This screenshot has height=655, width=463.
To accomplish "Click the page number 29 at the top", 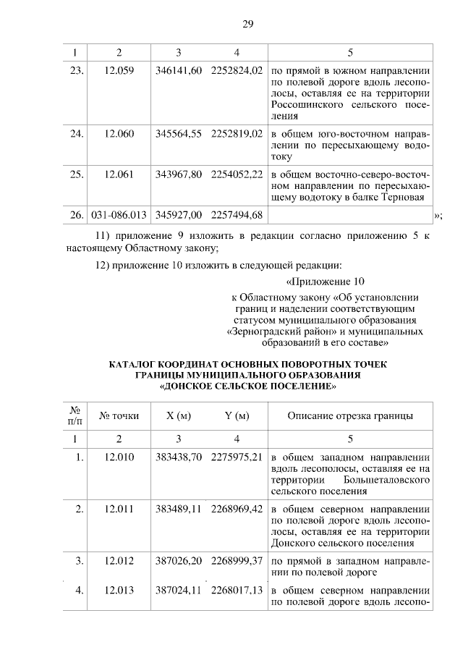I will tap(247, 25).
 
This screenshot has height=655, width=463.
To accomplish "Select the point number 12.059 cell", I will tap(119, 72).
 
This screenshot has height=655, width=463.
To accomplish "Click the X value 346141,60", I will tap(178, 72).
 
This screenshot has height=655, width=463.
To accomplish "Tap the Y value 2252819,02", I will tap(237, 134).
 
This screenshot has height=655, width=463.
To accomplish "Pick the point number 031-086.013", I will tap(119, 215).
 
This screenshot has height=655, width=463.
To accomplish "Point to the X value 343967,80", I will tap(178, 174).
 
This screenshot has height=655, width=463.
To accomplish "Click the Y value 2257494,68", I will tap(237, 215).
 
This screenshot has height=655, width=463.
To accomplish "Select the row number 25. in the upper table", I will tap(77, 174).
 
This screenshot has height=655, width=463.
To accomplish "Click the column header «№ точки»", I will tap(119, 415).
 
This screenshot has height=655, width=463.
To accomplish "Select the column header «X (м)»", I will tap(178, 415).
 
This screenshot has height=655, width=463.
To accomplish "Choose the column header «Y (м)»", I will tap(237, 415).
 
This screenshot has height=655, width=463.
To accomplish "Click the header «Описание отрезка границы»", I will tap(350, 415).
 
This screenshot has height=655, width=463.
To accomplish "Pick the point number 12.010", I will tap(119, 457).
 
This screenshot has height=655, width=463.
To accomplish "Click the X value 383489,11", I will tap(178, 509).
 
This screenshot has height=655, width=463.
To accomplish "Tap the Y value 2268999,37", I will tap(237, 561).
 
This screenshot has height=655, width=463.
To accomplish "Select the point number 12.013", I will tap(119, 590).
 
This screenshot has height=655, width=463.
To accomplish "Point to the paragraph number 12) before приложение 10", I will tap(106, 263).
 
